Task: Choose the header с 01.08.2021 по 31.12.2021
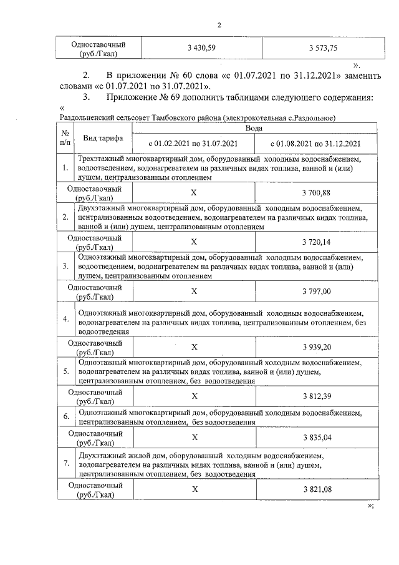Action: point(315,143)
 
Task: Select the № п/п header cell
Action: point(65,137)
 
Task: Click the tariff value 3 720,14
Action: point(316,241)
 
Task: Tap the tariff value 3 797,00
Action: point(316,291)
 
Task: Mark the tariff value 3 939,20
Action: point(316,346)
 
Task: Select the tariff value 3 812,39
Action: point(316,396)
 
